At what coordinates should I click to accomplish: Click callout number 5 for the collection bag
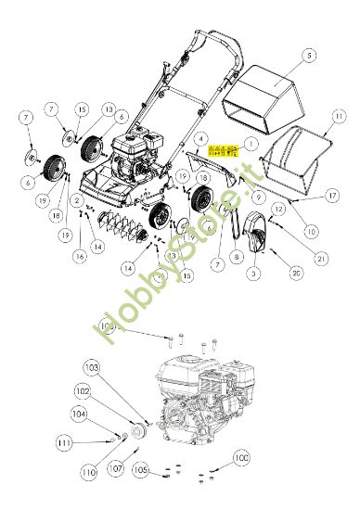280,57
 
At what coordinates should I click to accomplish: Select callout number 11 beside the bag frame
339,116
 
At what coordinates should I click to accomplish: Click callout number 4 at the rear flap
199,138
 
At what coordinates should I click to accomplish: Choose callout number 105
140,471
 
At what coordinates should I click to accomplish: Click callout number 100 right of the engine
242,458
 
